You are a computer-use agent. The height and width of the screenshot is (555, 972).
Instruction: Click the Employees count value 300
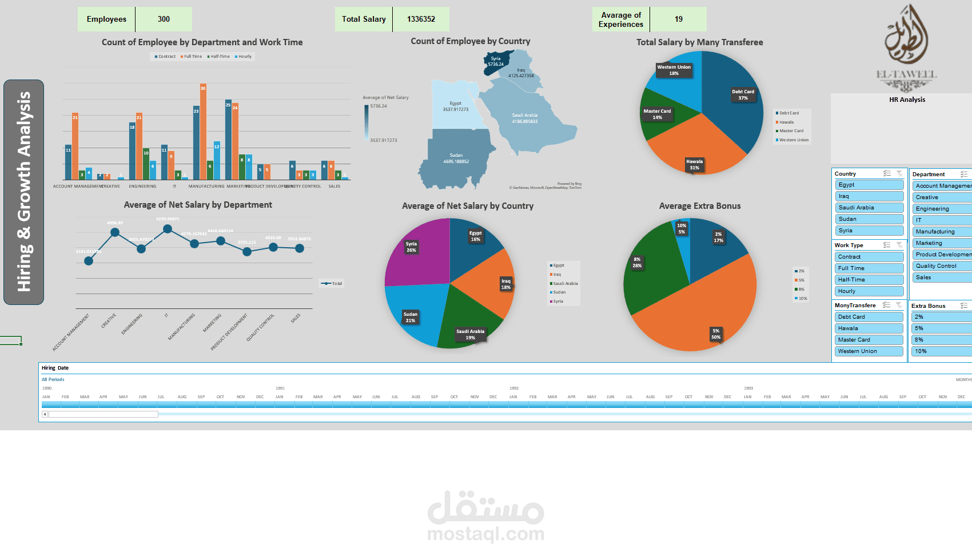[x=164, y=19]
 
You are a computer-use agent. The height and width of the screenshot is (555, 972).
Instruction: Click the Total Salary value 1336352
[x=421, y=19]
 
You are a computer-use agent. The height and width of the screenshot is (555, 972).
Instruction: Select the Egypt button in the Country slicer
[x=869, y=185]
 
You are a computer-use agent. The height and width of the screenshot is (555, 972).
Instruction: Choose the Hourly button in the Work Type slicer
[x=869, y=291]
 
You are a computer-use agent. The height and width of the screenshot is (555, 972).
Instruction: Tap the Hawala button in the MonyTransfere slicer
[x=869, y=328]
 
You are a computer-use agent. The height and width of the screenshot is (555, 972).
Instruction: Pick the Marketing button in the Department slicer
[x=941, y=243]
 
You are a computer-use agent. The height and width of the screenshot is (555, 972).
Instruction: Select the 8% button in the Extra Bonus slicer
[x=941, y=340]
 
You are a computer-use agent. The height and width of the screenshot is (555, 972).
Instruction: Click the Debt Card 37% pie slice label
[x=743, y=95]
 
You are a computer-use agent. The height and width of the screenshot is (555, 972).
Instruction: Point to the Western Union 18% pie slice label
[x=674, y=70]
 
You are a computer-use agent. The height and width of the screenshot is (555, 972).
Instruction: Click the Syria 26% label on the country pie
[x=411, y=247]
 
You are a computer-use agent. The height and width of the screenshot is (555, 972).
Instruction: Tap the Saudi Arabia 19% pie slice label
[x=470, y=335]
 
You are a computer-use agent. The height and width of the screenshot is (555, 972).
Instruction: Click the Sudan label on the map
[x=456, y=158]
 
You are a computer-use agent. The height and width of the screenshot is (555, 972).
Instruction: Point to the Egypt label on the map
[x=455, y=106]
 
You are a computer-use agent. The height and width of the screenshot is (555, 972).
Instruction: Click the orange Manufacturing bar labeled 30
[x=203, y=132]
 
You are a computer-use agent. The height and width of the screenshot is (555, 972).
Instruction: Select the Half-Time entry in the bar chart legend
[x=220, y=57]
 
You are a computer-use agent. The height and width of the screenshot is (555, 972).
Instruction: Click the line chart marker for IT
[x=168, y=229]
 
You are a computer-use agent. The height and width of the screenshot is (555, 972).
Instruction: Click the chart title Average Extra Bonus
[x=699, y=206]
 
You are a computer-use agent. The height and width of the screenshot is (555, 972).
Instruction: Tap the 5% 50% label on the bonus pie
[x=715, y=334]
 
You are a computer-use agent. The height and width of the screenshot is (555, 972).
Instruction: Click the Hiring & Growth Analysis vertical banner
[x=23, y=192]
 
